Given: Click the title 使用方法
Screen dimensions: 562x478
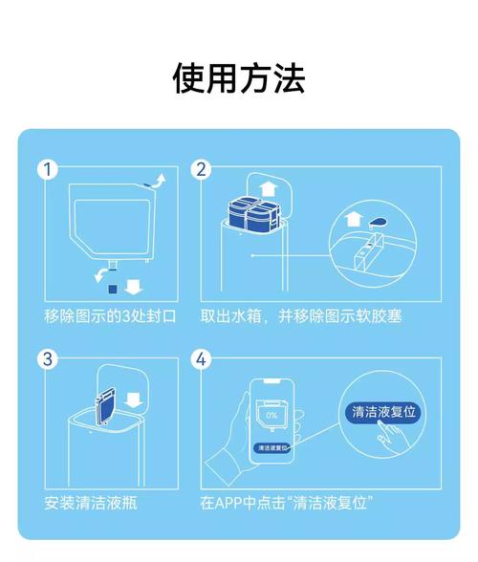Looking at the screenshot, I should (x=238, y=77).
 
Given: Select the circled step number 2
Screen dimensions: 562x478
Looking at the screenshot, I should (x=201, y=170).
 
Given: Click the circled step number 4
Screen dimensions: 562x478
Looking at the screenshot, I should (x=201, y=359).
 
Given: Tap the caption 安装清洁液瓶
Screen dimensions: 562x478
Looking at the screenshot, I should (x=91, y=503).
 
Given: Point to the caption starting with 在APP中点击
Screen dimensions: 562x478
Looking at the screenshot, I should (x=286, y=503).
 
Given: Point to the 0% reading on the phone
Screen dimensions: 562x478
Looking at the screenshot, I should (x=272, y=416).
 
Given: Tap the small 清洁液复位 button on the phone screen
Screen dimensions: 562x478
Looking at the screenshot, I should (x=272, y=447).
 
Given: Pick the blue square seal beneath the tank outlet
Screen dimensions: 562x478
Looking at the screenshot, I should (x=114, y=285).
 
